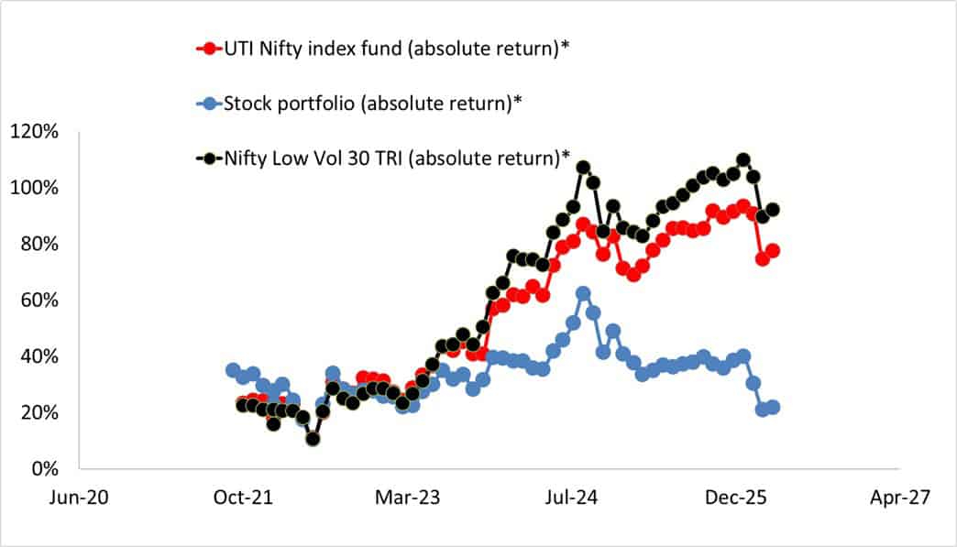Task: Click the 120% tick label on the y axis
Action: click(x=35, y=132)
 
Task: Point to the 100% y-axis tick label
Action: click(x=35, y=188)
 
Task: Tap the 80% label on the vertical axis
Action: click(x=38, y=244)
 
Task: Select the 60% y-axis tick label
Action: click(x=38, y=300)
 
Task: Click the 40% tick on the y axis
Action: click(x=38, y=356)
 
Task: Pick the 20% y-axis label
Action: click(x=38, y=412)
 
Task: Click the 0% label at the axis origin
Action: click(x=43, y=468)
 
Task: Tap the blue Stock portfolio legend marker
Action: click(x=212, y=102)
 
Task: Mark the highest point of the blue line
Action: click(x=583, y=293)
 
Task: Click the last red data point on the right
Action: click(x=773, y=250)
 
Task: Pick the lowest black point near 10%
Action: click(x=313, y=439)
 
